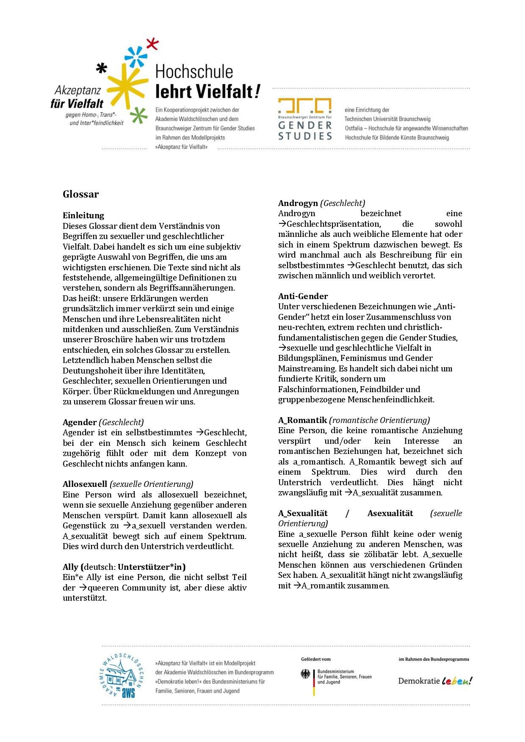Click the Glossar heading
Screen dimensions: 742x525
[x=80, y=195]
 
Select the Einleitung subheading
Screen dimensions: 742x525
[x=83, y=215]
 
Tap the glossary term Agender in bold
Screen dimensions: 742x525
[x=80, y=422]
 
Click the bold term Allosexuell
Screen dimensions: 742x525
[x=85, y=484]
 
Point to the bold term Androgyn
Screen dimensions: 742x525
[x=298, y=203]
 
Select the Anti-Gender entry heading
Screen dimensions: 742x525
[x=303, y=296]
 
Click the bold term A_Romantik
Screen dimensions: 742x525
[x=302, y=420]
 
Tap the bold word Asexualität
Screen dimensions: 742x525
[x=390, y=513]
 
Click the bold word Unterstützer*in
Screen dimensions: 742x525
[x=152, y=567]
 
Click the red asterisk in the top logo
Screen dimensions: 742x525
[x=152, y=44]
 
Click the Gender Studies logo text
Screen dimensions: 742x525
[x=305, y=130]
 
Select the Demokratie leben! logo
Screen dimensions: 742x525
[x=435, y=681]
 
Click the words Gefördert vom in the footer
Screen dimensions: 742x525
[x=315, y=659]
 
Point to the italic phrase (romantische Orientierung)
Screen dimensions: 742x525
[x=379, y=420]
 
